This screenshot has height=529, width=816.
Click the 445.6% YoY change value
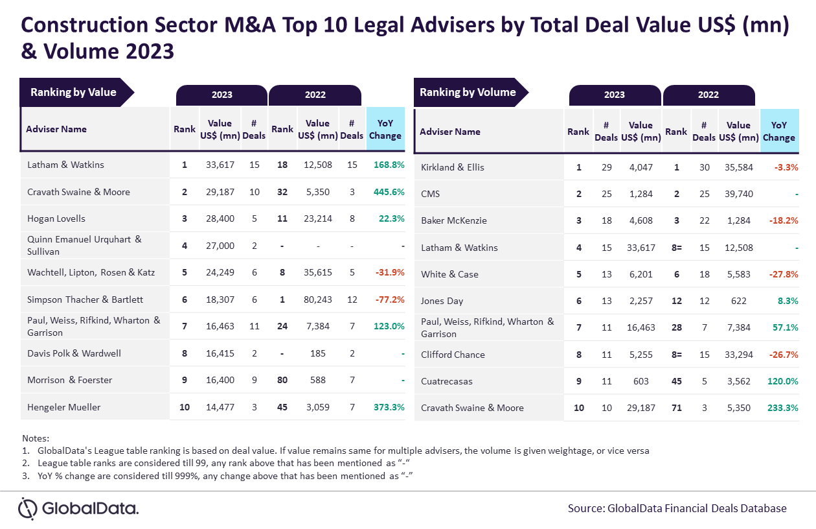(x=389, y=192)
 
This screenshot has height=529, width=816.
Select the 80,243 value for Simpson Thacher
(x=317, y=300)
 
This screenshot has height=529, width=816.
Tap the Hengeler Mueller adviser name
(x=63, y=407)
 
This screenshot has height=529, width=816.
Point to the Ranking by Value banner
(x=76, y=92)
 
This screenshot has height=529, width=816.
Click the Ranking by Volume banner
(x=471, y=92)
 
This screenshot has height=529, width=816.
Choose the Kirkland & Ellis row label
(x=453, y=167)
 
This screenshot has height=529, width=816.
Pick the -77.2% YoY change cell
(x=390, y=300)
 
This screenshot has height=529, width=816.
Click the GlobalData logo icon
(x=28, y=508)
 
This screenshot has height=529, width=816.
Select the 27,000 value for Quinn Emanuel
(x=220, y=246)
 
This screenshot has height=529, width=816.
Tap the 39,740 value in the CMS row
(x=738, y=194)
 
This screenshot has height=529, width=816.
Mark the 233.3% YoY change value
(x=782, y=408)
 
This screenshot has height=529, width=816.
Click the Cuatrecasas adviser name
(x=447, y=381)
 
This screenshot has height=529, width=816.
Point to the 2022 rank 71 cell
(x=677, y=408)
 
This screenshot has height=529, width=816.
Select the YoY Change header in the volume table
(x=779, y=131)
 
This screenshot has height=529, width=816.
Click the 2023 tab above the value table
(x=222, y=95)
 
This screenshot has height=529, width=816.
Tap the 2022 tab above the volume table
(x=708, y=95)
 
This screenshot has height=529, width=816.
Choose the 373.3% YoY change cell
(x=389, y=407)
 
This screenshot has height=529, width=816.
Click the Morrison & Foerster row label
(x=69, y=381)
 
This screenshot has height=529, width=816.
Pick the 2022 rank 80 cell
(x=282, y=381)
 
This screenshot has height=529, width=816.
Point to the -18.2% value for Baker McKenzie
(x=784, y=220)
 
